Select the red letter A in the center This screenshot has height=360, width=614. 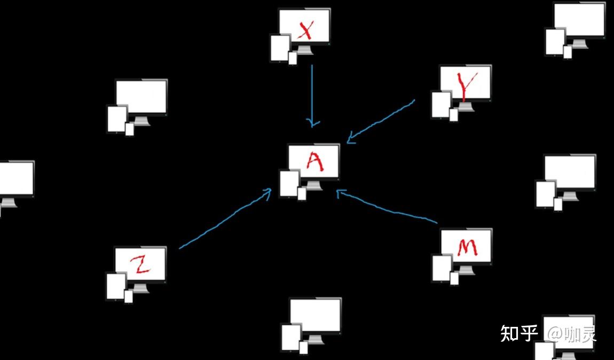pos(314,161)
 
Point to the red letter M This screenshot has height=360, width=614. pos(467,247)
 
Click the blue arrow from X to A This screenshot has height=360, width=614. pos(312,93)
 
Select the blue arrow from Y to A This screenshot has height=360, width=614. pos(382,121)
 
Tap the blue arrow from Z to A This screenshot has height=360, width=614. pos(224,220)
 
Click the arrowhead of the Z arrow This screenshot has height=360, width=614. pos(268,192)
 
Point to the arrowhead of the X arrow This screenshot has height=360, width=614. pos(313,123)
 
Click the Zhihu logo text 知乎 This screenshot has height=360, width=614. pos(519,334)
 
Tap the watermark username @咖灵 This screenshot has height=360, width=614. pos(571,334)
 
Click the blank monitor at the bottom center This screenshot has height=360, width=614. pos(315,315)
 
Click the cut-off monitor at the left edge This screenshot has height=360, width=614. pos(16,178)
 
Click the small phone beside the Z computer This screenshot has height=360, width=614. pos(128,296)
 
